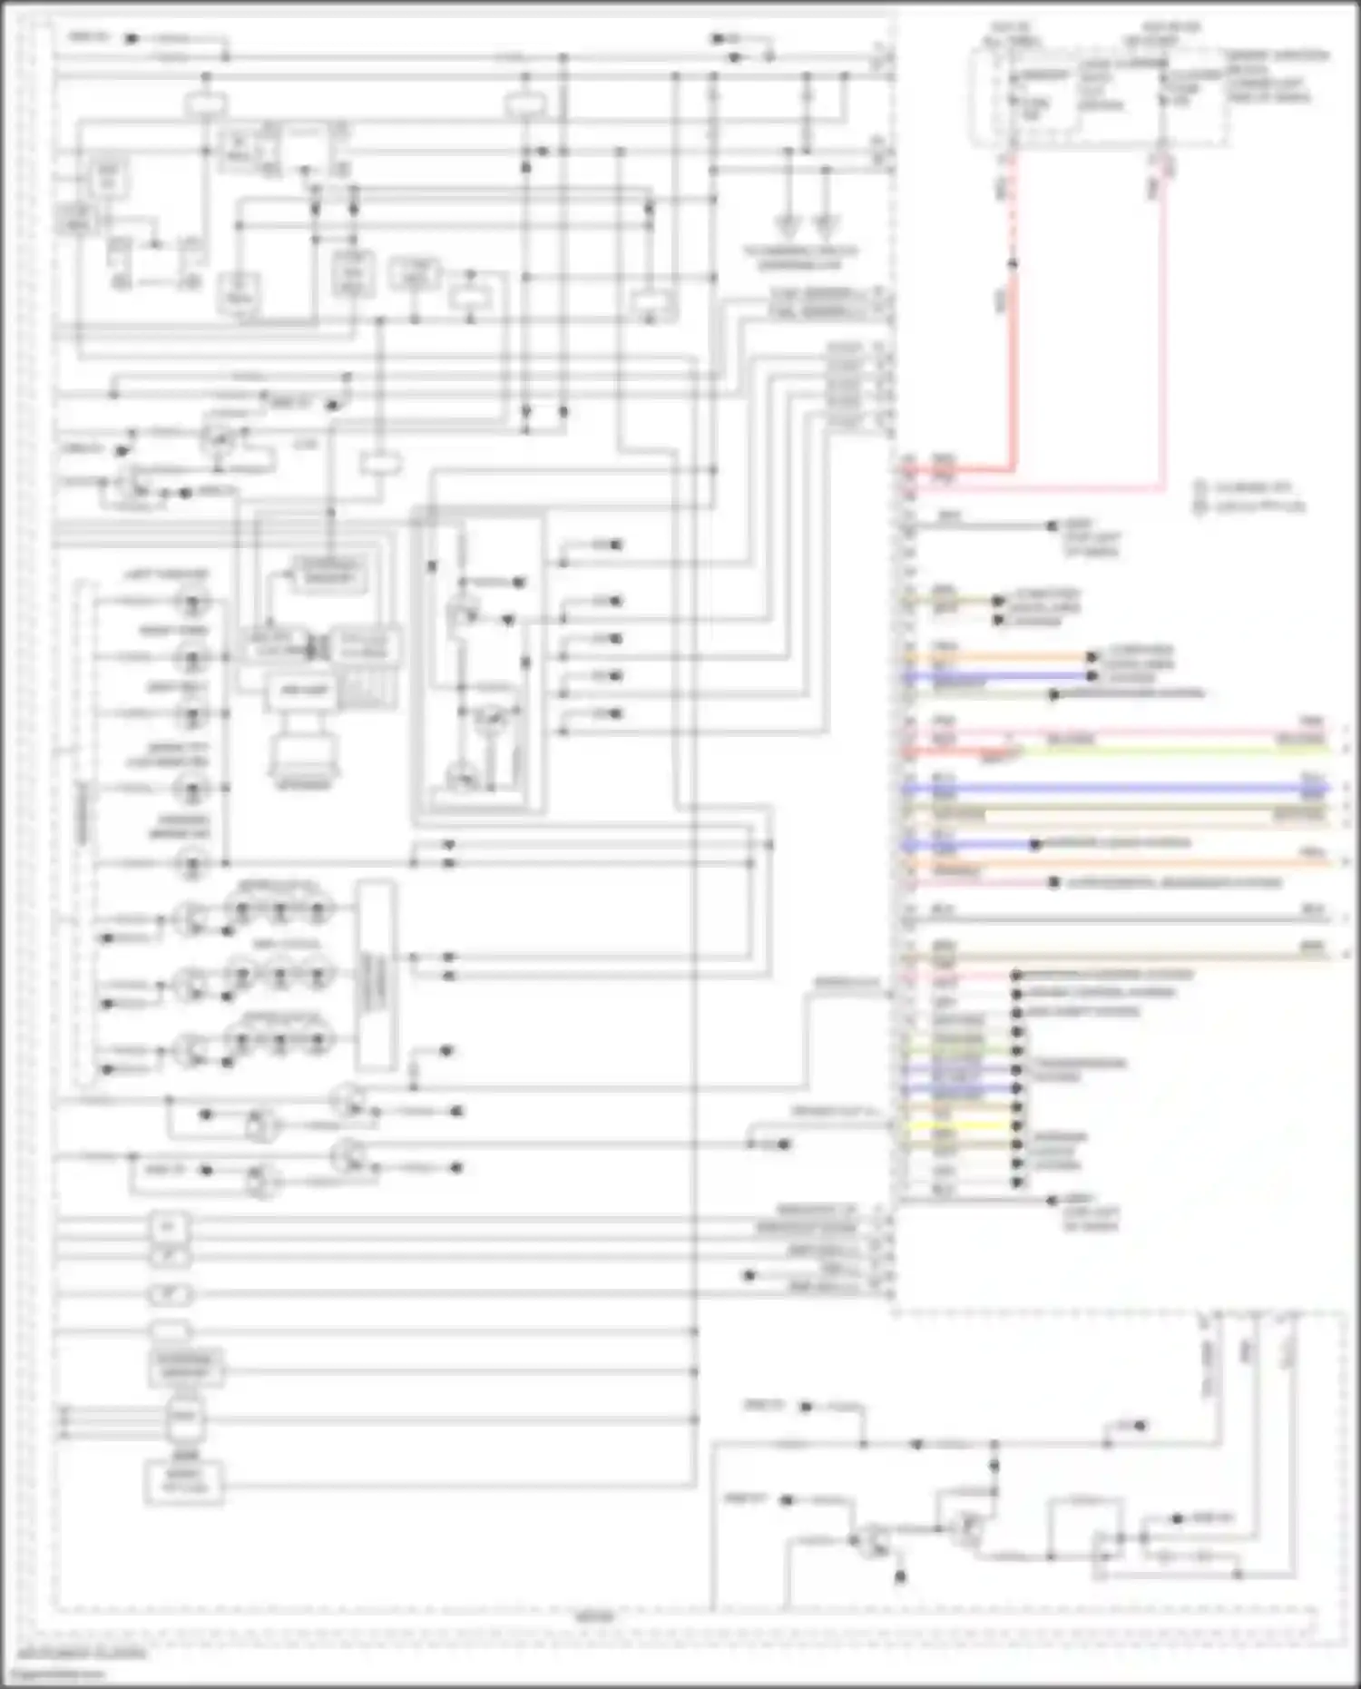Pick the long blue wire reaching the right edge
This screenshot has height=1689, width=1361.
(x=1134, y=789)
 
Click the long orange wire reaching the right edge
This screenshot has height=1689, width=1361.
(x=1180, y=862)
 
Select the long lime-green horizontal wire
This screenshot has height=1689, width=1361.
(x=1180, y=750)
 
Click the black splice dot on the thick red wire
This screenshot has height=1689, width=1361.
(x=1013, y=264)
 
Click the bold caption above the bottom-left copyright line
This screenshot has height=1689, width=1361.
(x=82, y=1654)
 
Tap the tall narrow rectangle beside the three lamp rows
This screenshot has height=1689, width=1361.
(x=376, y=975)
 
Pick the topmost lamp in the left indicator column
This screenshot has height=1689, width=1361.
(x=191, y=601)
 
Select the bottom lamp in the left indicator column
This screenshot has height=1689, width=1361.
(x=191, y=862)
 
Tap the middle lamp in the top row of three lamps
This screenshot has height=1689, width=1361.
(x=279, y=908)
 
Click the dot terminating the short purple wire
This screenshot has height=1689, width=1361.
(x=1035, y=844)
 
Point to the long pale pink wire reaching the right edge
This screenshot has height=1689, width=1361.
(x=1180, y=732)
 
